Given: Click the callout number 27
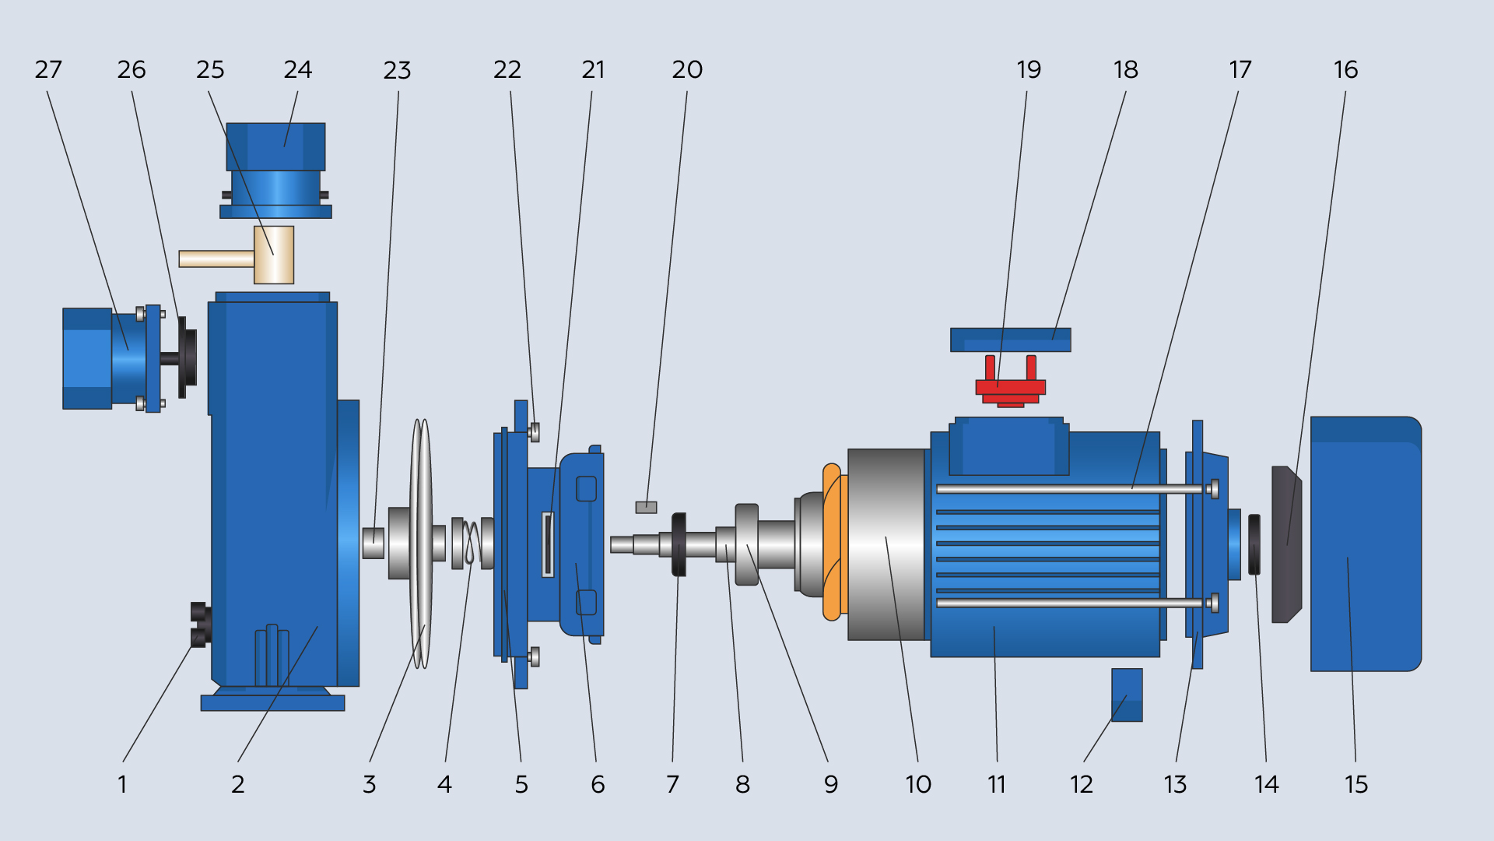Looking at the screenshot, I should [48, 70].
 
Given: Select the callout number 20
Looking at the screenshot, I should [687, 70].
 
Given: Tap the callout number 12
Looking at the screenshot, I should [1081, 784].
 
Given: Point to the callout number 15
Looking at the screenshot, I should [1355, 784].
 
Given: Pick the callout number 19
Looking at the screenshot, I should [1029, 70].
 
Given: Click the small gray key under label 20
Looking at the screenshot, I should [646, 508].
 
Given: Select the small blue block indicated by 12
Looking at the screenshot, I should [1127, 695].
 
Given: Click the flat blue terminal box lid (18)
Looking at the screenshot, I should [1010, 340].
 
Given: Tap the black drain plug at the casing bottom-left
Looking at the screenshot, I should [200, 625].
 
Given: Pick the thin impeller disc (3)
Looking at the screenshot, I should [421, 544].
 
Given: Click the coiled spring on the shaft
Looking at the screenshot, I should [471, 543].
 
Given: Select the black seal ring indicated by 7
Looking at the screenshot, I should [679, 544].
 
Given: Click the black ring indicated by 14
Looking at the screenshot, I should [1254, 544].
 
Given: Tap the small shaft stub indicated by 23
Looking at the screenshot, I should [373, 543].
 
